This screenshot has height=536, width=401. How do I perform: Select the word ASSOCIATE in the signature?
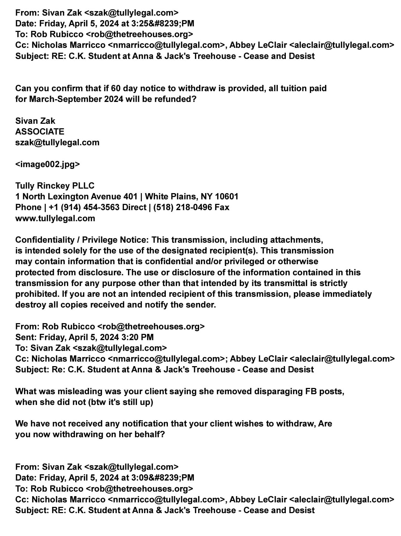tap(40, 132)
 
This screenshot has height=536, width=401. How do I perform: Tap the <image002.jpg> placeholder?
tap(48, 164)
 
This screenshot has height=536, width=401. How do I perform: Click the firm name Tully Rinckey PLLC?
tap(55, 186)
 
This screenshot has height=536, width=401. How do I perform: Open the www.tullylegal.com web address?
tap(55, 218)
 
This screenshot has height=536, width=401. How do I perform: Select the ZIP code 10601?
tap(227, 197)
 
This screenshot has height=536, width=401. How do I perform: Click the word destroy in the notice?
tap(31, 305)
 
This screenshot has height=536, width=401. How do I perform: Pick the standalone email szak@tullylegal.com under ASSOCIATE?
tap(57, 142)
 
